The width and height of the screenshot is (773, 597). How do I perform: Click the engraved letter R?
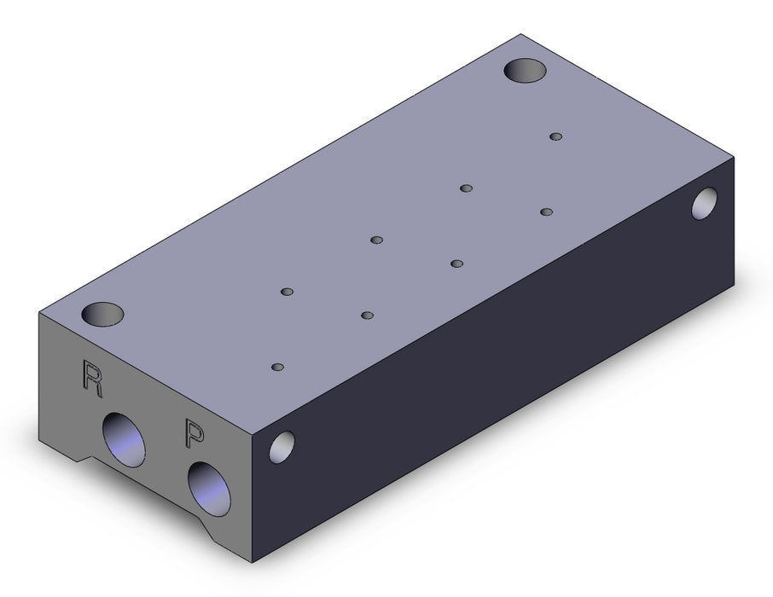click(x=92, y=379)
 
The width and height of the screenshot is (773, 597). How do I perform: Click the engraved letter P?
click(x=195, y=432)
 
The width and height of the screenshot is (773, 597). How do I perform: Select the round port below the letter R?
click(x=124, y=439)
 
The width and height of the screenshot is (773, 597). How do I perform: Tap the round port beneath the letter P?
click(x=210, y=489)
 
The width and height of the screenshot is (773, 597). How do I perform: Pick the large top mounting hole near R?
click(x=102, y=314)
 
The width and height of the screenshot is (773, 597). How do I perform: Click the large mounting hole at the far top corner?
click(x=525, y=71)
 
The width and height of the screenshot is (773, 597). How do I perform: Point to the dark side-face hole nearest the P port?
click(x=282, y=447)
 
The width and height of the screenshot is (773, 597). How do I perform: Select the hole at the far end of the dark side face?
click(x=705, y=204)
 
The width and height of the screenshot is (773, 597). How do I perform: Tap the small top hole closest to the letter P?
click(x=278, y=368)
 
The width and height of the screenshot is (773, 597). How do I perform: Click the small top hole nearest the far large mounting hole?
click(x=556, y=136)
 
